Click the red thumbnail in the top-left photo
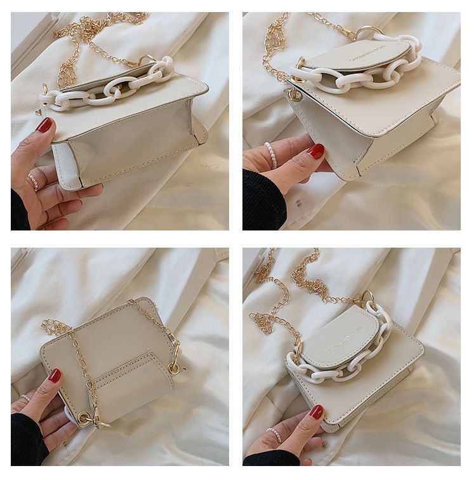pyautogui.click(x=44, y=124)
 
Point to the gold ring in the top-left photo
pyautogui.click(x=147, y=60)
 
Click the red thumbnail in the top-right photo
pyautogui.click(x=315, y=151)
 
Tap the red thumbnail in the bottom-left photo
pyautogui.click(x=55, y=375)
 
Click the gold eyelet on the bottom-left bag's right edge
pyautogui.click(x=173, y=368)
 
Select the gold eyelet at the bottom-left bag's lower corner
pyautogui.click(x=83, y=417)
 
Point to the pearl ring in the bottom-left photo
pyautogui.click(x=25, y=398)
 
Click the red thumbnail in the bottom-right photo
pyautogui.click(x=316, y=412)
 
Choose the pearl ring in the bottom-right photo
pyautogui.click(x=274, y=435)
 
